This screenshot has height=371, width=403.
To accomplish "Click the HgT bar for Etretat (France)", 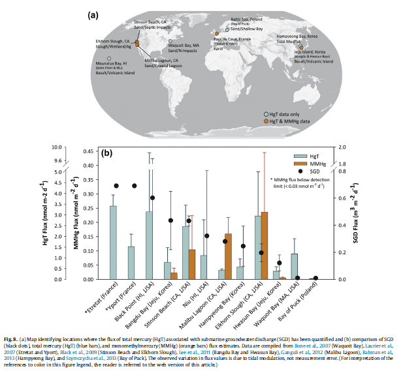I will [x=113, y=242].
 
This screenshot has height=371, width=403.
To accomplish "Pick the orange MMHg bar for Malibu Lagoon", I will [x=228, y=256].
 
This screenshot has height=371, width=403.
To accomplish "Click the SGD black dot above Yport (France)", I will [x=134, y=186].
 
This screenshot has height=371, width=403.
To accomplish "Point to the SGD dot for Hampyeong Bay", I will [x=243, y=246].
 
